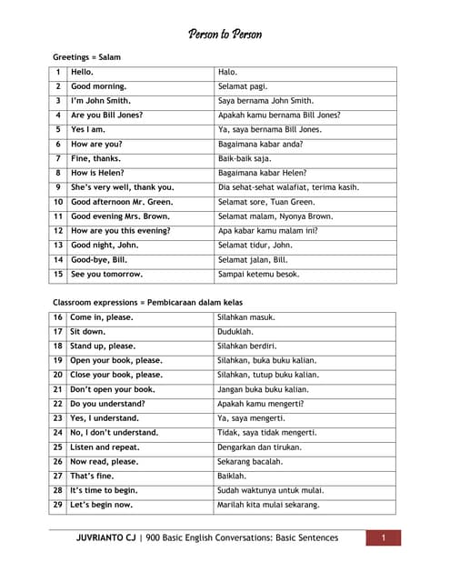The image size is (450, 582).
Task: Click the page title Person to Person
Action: pyautogui.click(x=225, y=35)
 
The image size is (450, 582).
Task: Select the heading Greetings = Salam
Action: pyautogui.click(x=86, y=56)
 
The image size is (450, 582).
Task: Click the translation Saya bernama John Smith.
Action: pyautogui.click(x=265, y=101)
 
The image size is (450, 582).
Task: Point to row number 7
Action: pyautogui.click(x=58, y=158)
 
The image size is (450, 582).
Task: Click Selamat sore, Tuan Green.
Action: pyautogui.click(x=266, y=202)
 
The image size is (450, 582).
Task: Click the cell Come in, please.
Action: pyautogui.click(x=101, y=317)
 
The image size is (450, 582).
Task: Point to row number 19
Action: pyautogui.click(x=58, y=360)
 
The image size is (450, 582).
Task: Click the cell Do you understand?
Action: pyautogui.click(x=107, y=404)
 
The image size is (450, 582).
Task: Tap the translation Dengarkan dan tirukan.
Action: pyautogui.click(x=259, y=447)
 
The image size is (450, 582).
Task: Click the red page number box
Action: pyautogui.click(x=384, y=538)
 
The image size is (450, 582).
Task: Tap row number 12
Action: pyautogui.click(x=58, y=231)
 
